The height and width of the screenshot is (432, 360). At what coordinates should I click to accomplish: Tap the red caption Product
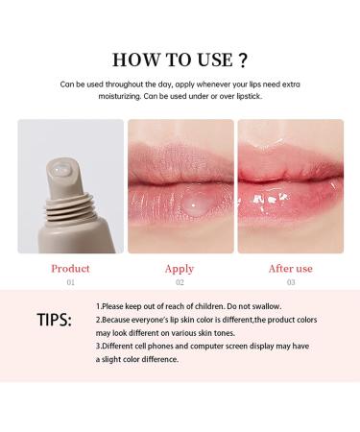[x=70, y=269]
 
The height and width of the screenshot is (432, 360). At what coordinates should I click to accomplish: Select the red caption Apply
[x=180, y=269]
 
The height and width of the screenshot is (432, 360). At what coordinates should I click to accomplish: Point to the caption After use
[x=289, y=269]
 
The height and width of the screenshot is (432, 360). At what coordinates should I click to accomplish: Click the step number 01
[x=70, y=284]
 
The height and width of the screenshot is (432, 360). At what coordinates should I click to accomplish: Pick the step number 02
[x=180, y=284]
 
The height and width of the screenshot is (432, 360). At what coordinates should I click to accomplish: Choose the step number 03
[x=289, y=284]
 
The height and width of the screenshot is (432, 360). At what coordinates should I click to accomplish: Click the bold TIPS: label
[x=54, y=319]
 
